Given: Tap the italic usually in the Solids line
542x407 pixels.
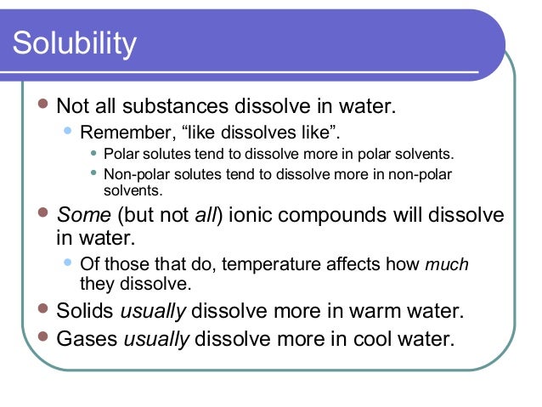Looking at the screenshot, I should pos(157,311).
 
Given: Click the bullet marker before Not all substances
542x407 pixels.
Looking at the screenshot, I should pos(42,108).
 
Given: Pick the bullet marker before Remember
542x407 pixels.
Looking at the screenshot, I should pos(68,132).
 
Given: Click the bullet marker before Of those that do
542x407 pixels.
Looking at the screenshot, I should pos(68,264).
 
